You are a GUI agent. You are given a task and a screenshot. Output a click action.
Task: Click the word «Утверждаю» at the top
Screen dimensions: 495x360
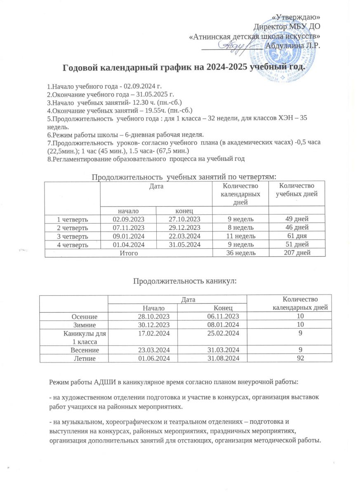tap(297, 17)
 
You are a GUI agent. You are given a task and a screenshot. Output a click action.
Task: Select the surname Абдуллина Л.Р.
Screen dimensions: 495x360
tap(294, 45)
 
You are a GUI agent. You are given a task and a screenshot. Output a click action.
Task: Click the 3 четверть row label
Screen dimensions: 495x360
tap(72, 235)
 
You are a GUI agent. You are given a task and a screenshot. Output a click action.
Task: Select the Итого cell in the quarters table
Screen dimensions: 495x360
tap(128, 252)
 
